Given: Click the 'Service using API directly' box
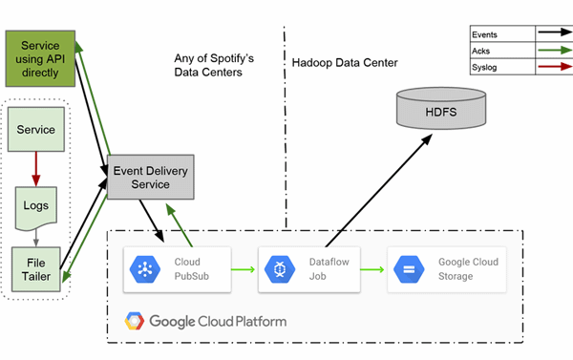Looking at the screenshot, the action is pos(40,58).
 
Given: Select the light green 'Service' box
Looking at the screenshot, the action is pos(36,129).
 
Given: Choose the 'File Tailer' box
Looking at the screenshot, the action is pos(36,269).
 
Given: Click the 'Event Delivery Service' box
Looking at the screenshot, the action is pos(150,177).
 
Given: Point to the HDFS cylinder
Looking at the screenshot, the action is pos(441,108).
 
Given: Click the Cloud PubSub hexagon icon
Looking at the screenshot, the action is pos(145,269).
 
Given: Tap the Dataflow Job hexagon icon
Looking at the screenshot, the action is pos(280,269).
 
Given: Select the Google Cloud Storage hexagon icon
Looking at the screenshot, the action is pos(409,269).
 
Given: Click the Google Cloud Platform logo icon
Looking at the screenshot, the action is pos(134,321).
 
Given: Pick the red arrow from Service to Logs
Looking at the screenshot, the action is pos(36,169).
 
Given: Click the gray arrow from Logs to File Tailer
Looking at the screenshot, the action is pos(36,238).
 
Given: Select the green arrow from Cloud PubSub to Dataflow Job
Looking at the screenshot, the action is pos(243,269).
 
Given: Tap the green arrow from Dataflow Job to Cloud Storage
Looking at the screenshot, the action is pos(372,269).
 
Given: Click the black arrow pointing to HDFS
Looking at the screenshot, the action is pos(379,190).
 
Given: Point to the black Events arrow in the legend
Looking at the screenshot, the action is pos(555,32).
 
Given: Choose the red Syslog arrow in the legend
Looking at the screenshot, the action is pos(555,67).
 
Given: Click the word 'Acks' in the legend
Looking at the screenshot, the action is pos(480,51).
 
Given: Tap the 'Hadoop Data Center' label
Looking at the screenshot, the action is pos(345,62).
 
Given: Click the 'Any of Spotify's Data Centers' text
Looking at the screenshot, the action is pos(214,65).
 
